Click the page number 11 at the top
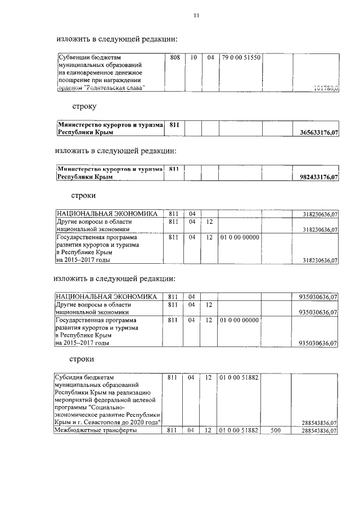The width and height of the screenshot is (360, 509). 196,16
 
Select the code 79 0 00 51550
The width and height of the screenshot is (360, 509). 240,57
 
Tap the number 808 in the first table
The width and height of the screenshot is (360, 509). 174,57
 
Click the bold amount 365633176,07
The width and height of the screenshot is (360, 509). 317,133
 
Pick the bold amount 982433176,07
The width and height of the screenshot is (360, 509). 317,177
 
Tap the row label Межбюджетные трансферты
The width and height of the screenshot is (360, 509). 95,430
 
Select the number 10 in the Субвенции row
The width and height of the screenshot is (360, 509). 192,57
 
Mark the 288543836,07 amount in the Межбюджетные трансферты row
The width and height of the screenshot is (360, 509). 319,430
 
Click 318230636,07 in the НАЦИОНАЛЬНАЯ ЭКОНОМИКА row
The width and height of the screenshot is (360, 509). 319,214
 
